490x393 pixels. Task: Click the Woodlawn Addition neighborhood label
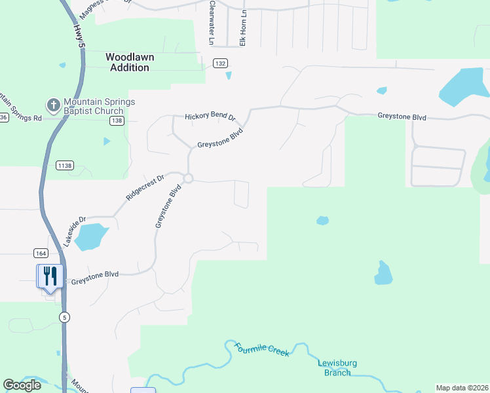(x=130, y=62)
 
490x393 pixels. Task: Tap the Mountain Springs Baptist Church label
(x=99, y=106)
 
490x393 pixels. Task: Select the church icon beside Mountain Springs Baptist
(x=52, y=105)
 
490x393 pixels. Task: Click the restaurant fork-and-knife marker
(x=50, y=275)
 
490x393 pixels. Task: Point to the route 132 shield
(x=219, y=63)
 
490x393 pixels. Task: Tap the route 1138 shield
(x=64, y=166)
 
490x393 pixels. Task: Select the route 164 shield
(x=41, y=253)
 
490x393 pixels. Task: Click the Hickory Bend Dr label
(x=209, y=116)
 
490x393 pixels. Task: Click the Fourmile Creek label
(x=261, y=349)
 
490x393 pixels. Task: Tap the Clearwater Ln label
(x=211, y=23)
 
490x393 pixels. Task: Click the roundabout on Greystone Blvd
(x=189, y=178)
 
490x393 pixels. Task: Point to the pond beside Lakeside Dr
(x=90, y=236)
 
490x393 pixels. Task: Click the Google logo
(x=22, y=385)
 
